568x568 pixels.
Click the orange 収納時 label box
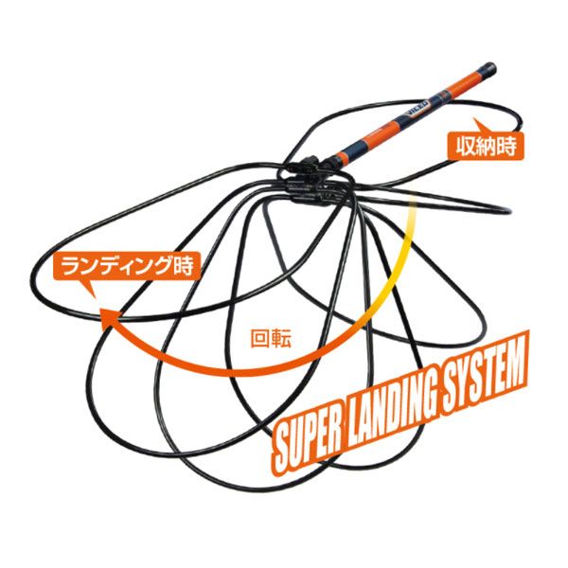coord(486,147)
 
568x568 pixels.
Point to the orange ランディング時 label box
coord(127,266)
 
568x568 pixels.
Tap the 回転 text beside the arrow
coord(271,338)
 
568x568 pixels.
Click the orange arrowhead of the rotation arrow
coord(109,319)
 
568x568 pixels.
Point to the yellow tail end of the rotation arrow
coord(411,206)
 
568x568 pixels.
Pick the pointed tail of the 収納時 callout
coord(475,119)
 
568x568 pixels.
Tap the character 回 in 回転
coord(260,338)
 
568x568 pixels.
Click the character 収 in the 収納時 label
coord(465,147)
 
